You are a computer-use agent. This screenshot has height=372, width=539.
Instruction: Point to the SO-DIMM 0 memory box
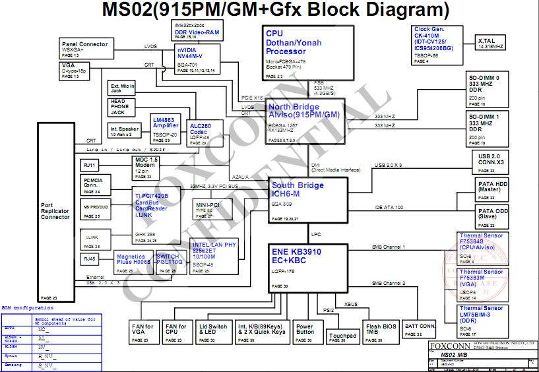488,90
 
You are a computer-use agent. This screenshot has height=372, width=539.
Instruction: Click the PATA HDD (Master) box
492,189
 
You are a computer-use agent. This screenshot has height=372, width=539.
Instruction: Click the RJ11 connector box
90,165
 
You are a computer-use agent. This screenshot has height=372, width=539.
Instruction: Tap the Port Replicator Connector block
55,212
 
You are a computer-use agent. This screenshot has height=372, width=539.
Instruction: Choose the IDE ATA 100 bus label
389,208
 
